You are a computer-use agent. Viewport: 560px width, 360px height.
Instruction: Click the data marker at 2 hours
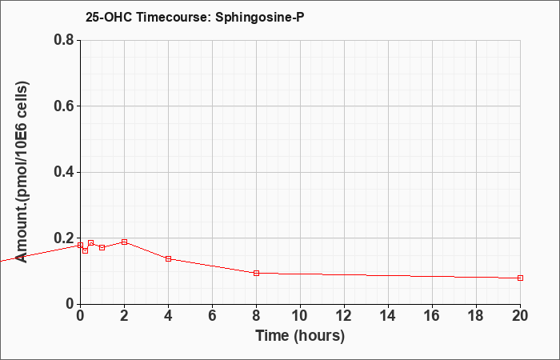click(x=124, y=242)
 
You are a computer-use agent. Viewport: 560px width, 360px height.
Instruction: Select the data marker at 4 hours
click(x=168, y=258)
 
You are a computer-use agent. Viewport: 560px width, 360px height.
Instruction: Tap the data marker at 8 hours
click(x=256, y=274)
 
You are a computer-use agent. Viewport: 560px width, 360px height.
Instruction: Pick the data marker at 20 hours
click(x=520, y=278)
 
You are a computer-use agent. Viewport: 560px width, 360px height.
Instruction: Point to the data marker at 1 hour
click(x=102, y=247)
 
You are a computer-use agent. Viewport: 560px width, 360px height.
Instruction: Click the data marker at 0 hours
click(x=80, y=246)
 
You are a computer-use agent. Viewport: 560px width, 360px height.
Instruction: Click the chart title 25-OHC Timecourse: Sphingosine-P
click(x=195, y=17)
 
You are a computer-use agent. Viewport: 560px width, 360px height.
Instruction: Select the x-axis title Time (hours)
click(x=300, y=336)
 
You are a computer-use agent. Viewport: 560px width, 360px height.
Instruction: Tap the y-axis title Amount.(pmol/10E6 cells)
click(x=22, y=172)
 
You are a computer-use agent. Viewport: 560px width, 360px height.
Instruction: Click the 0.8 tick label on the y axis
click(x=64, y=40)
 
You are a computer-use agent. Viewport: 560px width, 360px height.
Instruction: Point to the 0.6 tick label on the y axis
click(x=64, y=106)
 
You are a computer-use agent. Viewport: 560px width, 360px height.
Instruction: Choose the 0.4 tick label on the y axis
click(x=64, y=172)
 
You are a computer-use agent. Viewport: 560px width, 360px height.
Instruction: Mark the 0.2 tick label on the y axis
click(x=64, y=238)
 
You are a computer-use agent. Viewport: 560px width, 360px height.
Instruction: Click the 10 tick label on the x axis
click(x=300, y=316)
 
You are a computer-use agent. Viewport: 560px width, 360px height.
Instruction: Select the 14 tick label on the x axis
click(x=388, y=316)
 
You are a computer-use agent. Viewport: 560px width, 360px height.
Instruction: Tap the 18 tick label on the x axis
click(x=476, y=316)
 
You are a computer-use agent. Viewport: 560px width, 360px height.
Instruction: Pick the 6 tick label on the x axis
click(x=212, y=316)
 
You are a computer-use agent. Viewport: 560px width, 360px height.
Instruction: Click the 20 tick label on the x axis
click(x=520, y=316)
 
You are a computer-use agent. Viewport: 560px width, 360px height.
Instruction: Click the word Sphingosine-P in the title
click(x=260, y=17)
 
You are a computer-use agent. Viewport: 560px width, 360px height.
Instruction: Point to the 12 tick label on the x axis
click(x=344, y=316)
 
